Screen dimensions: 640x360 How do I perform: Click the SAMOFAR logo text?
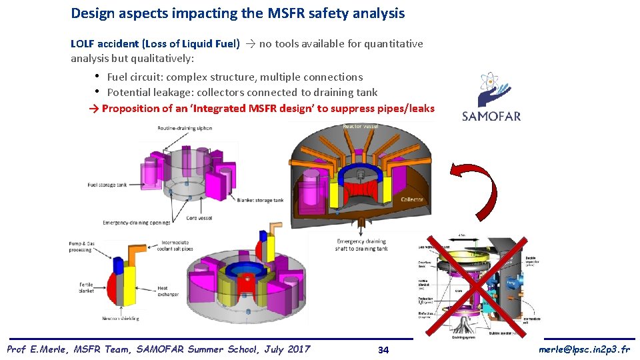pos(491,116)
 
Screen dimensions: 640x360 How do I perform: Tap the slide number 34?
pos(383,350)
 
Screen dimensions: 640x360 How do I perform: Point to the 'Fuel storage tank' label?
pos(107,185)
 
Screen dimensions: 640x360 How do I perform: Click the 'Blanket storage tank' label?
pos(261,200)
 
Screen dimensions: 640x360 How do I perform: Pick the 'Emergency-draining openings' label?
pos(137,222)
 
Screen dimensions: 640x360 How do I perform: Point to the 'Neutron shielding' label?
pos(120,319)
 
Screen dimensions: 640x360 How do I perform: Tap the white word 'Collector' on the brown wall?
pos(412,199)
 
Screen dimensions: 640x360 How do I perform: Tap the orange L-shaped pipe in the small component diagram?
pos(136,254)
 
